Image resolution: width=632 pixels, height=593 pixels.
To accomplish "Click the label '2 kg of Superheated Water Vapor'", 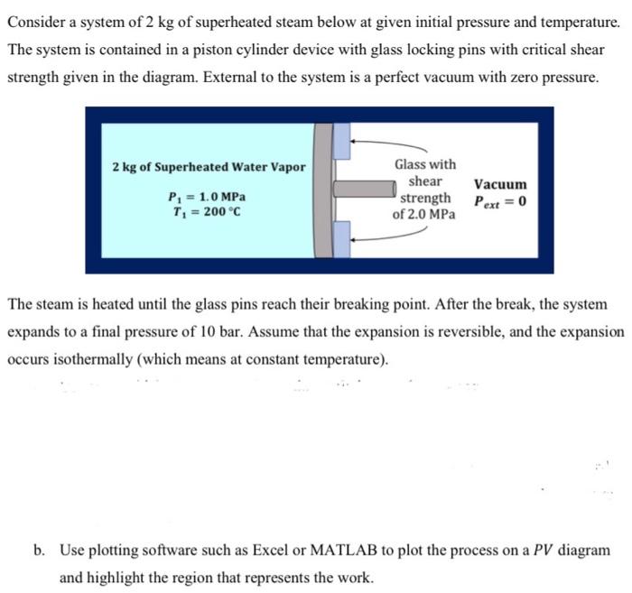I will (209, 167).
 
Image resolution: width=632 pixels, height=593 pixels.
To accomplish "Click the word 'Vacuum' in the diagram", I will (500, 183).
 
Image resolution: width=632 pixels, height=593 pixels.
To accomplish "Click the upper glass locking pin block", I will (341, 140).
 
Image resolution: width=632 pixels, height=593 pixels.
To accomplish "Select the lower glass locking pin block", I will (341, 238).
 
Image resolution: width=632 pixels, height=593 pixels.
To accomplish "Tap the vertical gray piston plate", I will (322, 189).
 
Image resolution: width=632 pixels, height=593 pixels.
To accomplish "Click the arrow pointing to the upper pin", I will (388, 140).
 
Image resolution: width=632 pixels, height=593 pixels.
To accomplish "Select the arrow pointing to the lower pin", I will (388, 238).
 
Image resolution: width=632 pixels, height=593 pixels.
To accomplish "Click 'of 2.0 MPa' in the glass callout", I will (424, 215).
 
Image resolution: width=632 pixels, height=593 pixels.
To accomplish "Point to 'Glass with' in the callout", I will (425, 164).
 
